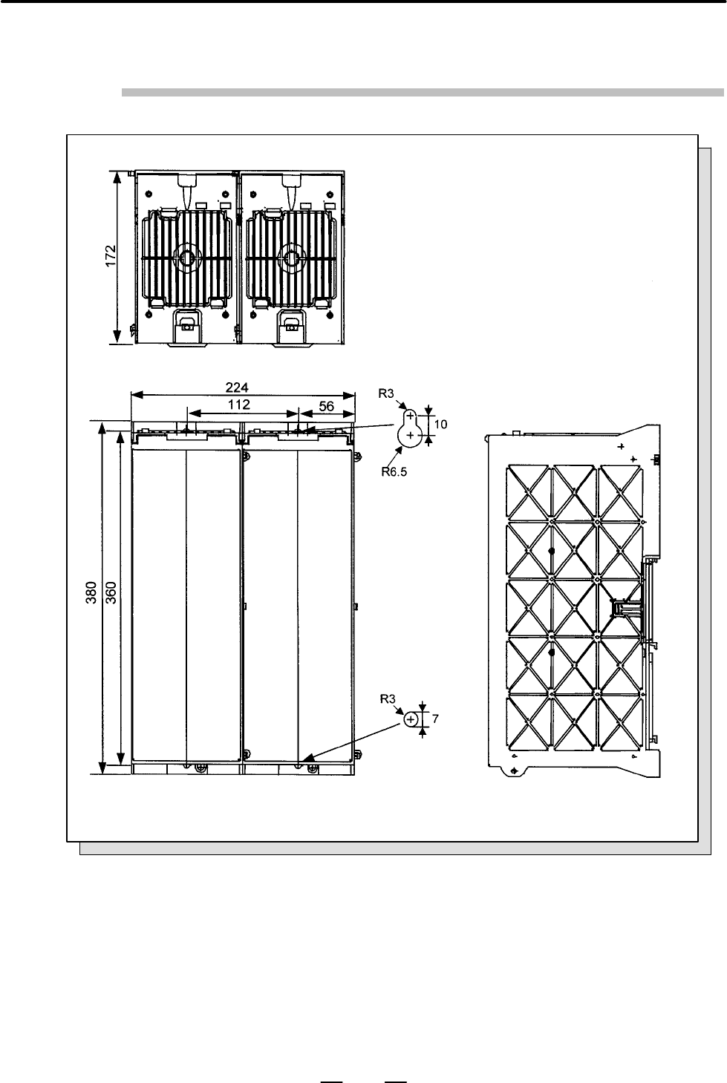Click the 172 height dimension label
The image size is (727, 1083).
111,256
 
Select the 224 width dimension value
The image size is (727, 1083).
237,387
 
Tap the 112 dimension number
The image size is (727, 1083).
239,405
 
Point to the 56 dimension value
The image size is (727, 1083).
327,406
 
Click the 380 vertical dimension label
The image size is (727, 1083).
91,592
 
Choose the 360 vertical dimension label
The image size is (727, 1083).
111,592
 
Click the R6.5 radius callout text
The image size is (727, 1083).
394,472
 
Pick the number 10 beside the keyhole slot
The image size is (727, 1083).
440,425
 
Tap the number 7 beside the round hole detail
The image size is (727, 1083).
435,719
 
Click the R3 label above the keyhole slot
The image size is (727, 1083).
386,394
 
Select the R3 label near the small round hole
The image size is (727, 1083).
388,698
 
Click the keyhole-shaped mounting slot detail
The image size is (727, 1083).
410,428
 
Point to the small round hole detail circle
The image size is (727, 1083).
411,719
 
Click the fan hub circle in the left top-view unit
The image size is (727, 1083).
187,258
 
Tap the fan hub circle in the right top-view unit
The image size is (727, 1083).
291,258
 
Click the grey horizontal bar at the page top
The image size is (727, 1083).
423,92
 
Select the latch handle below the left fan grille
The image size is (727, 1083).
186,322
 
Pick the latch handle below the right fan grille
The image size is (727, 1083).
290,322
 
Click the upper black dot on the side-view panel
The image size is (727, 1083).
552,551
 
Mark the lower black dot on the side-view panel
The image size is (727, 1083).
552,652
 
